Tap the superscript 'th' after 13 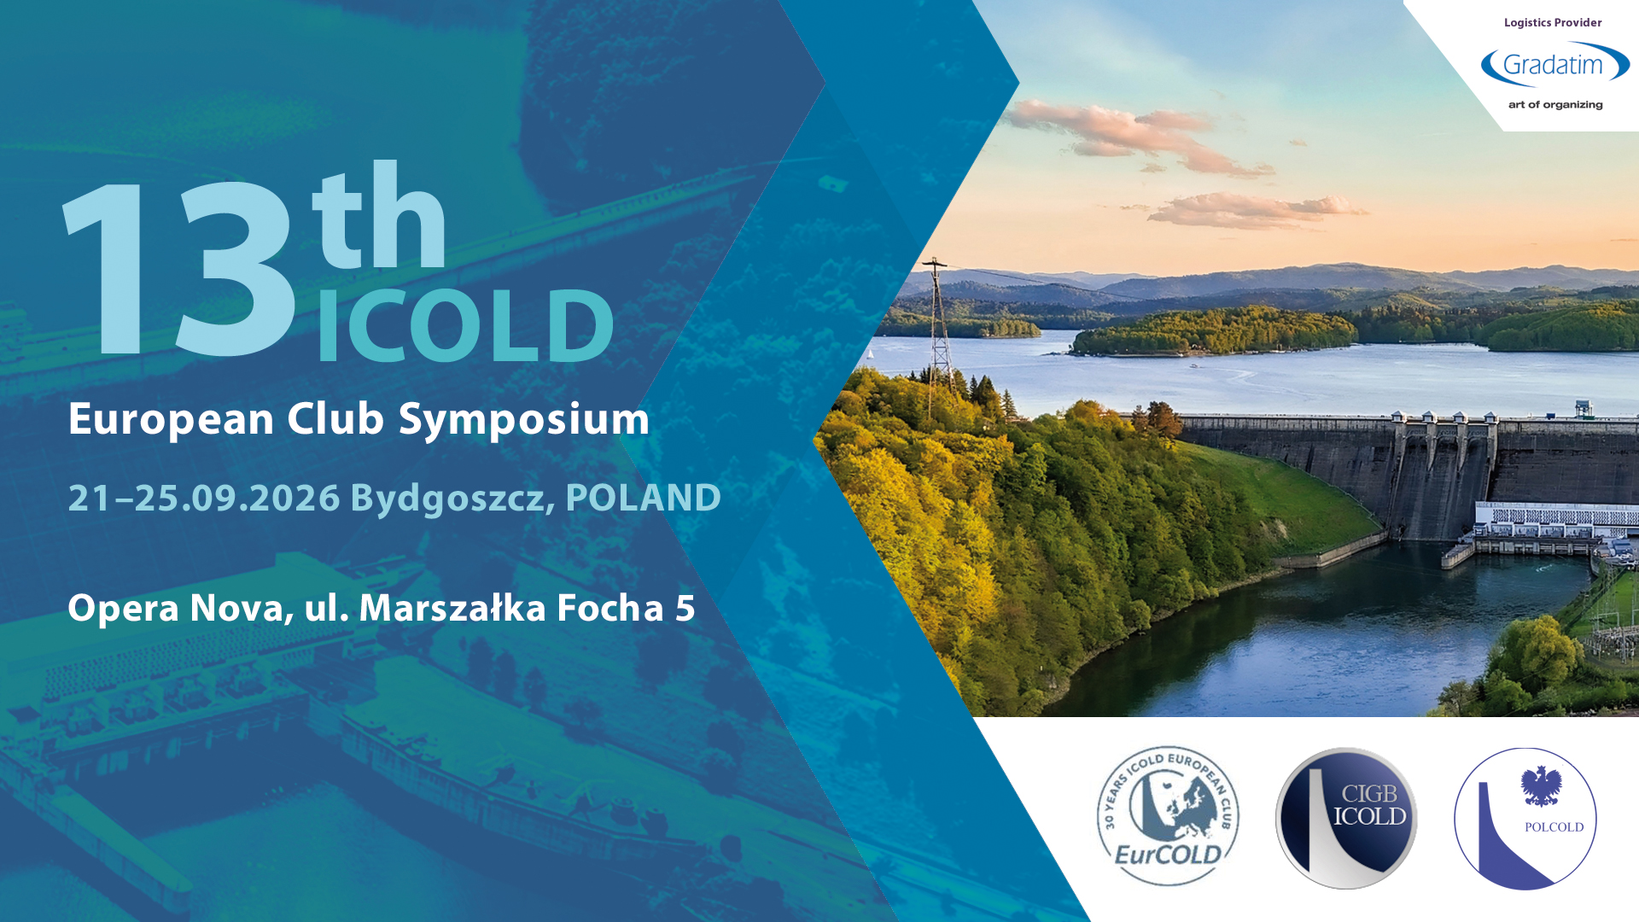coord(379,215)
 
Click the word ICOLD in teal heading coord(465,325)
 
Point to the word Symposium coord(524,420)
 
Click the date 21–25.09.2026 coord(204,498)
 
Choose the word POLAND coord(644,498)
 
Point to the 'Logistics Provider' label coord(1553,23)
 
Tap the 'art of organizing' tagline coord(1555,105)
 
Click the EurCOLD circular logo coord(1168,816)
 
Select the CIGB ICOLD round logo coord(1346,819)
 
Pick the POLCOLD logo coord(1525,819)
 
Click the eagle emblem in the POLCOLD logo coord(1542,786)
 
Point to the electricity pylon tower coord(939,329)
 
